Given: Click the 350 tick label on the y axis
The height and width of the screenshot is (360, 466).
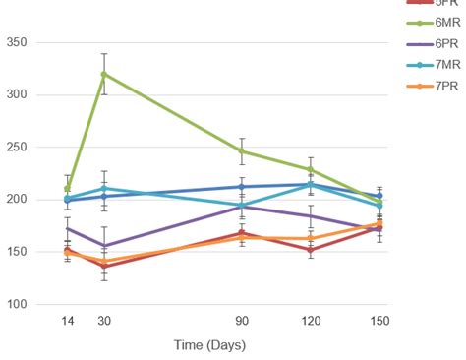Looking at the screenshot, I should [x=17, y=42].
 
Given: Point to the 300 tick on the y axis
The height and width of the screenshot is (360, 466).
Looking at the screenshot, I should [x=17, y=94].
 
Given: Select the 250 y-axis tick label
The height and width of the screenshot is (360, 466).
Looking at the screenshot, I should [x=17, y=147].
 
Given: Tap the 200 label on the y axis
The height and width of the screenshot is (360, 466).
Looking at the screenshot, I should [x=17, y=199].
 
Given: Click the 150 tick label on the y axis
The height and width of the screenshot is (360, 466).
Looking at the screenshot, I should [x=17, y=252].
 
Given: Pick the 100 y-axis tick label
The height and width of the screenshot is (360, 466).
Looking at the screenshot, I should [x=17, y=304].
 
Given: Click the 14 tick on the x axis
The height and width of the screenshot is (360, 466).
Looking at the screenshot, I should [x=67, y=321].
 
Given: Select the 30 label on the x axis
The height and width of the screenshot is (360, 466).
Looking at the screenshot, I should [x=104, y=321].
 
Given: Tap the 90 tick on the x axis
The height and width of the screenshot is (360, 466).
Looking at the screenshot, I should [x=242, y=321].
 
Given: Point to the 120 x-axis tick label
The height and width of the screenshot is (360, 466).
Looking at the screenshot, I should [x=311, y=321].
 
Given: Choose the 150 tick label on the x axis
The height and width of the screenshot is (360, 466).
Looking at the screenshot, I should [x=379, y=321].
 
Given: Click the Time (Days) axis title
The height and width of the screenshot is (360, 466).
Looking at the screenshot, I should [x=209, y=345].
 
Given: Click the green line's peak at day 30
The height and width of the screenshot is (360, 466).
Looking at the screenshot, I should [x=104, y=74].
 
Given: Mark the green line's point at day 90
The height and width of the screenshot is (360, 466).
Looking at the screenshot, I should [x=242, y=151].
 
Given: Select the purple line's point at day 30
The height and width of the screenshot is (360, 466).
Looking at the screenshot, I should [x=104, y=246].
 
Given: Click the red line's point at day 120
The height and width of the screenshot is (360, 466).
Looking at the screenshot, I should [x=311, y=250].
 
